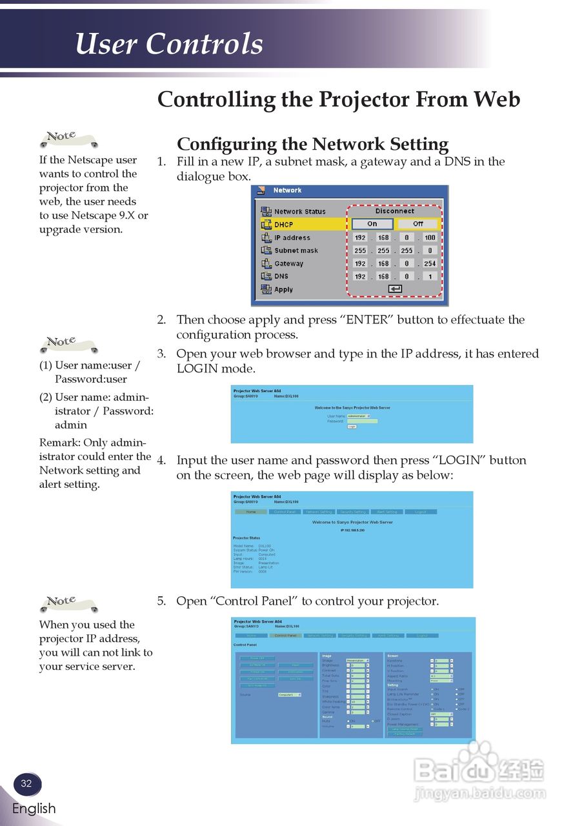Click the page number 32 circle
(26, 784)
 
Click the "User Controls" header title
(169, 45)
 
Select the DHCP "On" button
(372, 224)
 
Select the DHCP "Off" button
(418, 224)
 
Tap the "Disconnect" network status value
(394, 211)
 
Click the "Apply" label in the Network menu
(283, 290)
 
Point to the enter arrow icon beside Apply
(395, 289)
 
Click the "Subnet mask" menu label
(296, 250)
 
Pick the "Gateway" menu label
(288, 263)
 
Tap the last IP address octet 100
(430, 237)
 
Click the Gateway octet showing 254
(430, 263)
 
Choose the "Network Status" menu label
(299, 212)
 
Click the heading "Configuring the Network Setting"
(312, 144)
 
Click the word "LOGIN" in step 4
(462, 461)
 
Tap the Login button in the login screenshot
(352, 427)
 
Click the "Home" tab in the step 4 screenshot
(250, 512)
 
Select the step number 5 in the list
(161, 601)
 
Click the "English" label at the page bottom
(34, 809)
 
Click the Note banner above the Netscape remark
(68, 137)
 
